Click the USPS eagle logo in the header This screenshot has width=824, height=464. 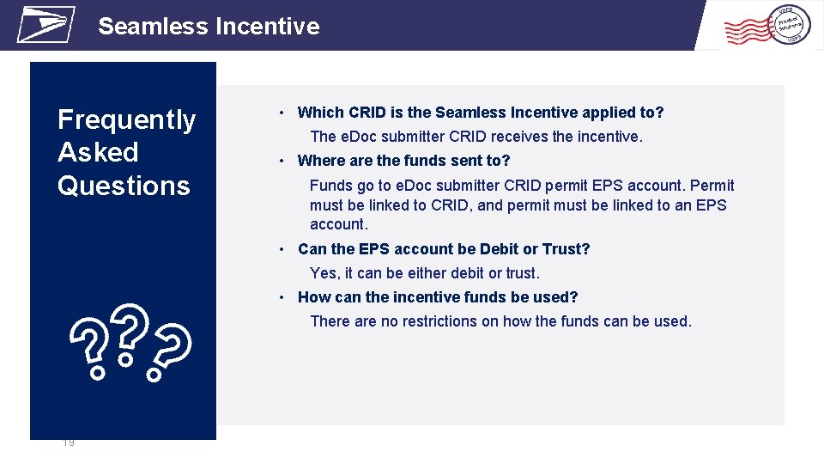pyautogui.click(x=45, y=24)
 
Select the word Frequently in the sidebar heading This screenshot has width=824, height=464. pyautogui.click(x=126, y=120)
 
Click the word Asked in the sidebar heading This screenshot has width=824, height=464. pyautogui.click(x=98, y=153)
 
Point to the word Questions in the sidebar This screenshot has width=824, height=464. pyautogui.click(x=124, y=186)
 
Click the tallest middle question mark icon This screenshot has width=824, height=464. pyautogui.click(x=127, y=333)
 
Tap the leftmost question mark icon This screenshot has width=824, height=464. pyautogui.click(x=91, y=348)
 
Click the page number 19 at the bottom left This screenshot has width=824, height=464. pyautogui.click(x=69, y=443)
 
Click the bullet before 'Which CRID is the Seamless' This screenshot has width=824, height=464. pyautogui.click(x=282, y=113)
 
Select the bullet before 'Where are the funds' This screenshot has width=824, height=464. pyautogui.click(x=282, y=162)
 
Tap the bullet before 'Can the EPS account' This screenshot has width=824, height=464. pyautogui.click(x=282, y=250)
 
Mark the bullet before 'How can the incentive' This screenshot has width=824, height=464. pyautogui.click(x=282, y=298)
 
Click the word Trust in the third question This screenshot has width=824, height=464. pyautogui.click(x=566, y=249)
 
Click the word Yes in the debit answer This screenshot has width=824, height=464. pyautogui.click(x=324, y=273)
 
